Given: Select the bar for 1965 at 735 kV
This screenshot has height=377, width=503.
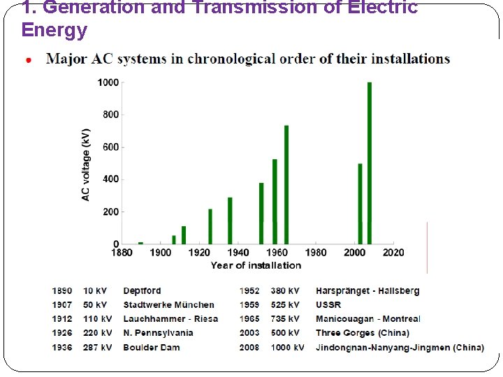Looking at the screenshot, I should (286, 184).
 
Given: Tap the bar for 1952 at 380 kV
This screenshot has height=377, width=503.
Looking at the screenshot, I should (261, 213).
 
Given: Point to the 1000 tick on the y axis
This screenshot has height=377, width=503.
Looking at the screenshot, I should (108, 83).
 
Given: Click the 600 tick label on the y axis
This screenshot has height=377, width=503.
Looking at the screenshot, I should (110, 147).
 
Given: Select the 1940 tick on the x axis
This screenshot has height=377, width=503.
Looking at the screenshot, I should (238, 253).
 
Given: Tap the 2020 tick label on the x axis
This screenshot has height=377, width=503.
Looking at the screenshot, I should (393, 253).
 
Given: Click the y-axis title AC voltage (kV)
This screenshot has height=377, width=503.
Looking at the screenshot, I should (86, 165).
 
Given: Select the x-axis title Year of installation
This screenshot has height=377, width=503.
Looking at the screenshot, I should (256, 265).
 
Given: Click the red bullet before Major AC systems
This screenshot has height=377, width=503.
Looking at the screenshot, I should (29, 61).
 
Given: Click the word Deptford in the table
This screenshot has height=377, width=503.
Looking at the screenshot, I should (142, 291).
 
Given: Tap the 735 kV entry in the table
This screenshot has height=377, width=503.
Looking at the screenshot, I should (285, 319).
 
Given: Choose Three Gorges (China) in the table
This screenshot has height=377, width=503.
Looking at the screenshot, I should (363, 333).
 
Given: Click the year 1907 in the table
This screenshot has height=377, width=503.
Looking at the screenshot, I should (61, 305).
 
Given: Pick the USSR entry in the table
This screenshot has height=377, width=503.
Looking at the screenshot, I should (328, 305).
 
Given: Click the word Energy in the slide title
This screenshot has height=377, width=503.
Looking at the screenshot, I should (54, 31).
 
